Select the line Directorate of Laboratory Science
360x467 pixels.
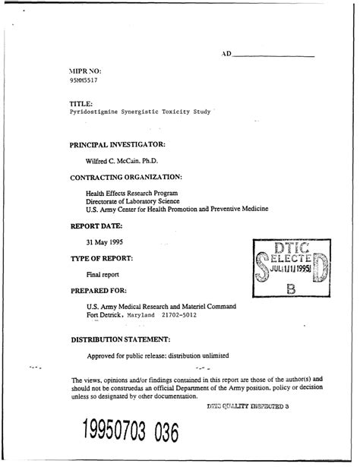point(132,201)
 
